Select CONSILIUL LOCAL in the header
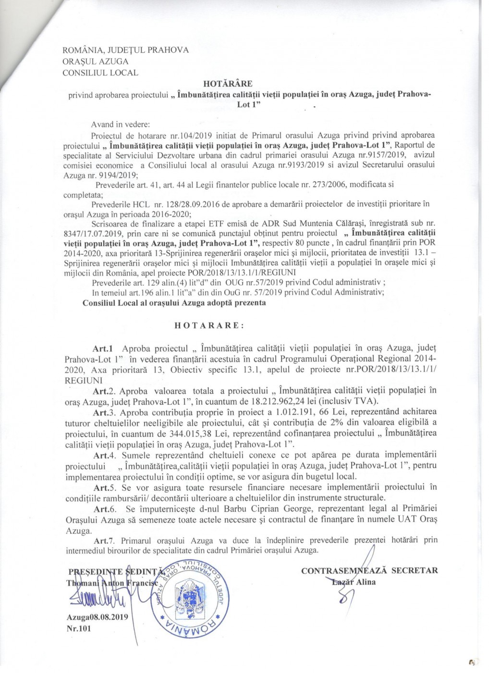click(x=100, y=73)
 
